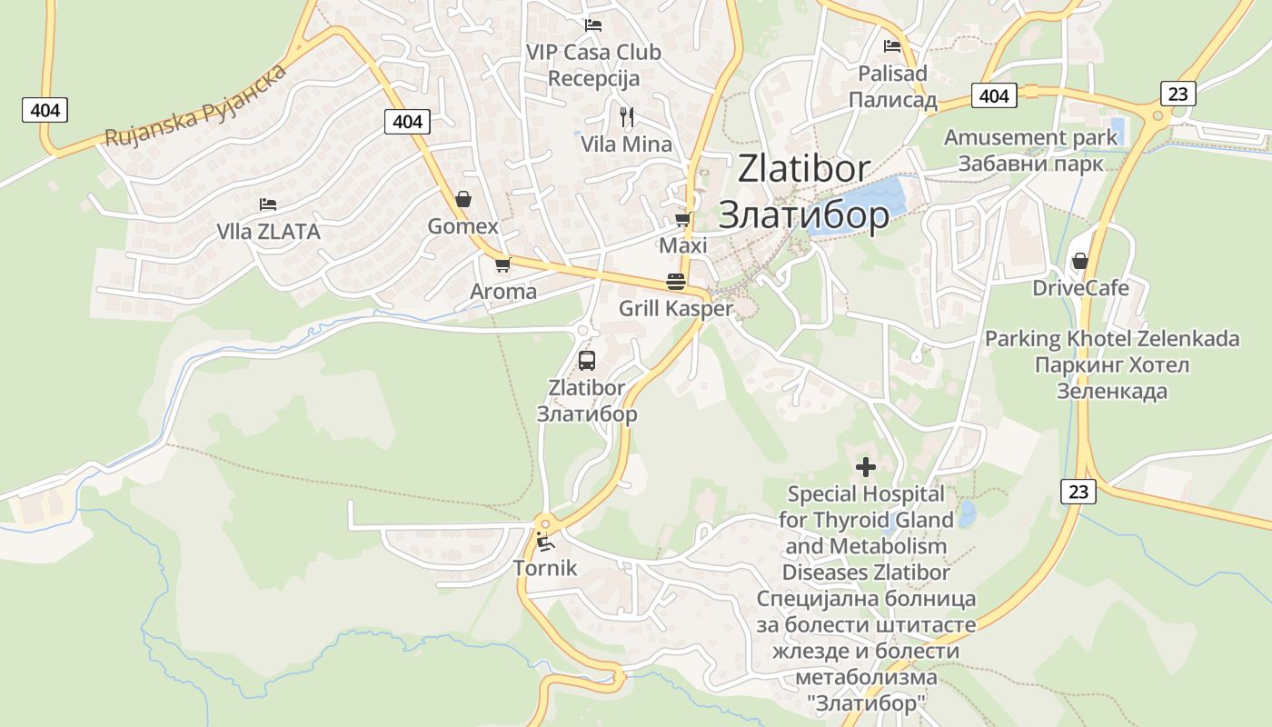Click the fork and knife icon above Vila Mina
pos(626,116)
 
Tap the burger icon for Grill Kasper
pos(675,282)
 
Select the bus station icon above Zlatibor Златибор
pos(587,360)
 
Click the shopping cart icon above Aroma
pos(502,264)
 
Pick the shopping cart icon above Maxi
pos(682,219)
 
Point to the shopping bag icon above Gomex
pos(462,198)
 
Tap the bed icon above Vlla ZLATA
pos(267,204)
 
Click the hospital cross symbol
pos(866,467)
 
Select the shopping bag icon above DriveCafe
pos(1079,261)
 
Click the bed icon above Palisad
pos(892,45)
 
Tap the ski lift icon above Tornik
pos(545,543)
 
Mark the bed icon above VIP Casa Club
pos(593,25)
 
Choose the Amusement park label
pos(1030,138)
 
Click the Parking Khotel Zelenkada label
pos(1112,339)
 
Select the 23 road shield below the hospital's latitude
pos(1078,492)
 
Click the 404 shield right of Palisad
pos(994,95)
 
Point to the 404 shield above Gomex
pos(407,121)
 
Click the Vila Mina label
pos(626,144)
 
